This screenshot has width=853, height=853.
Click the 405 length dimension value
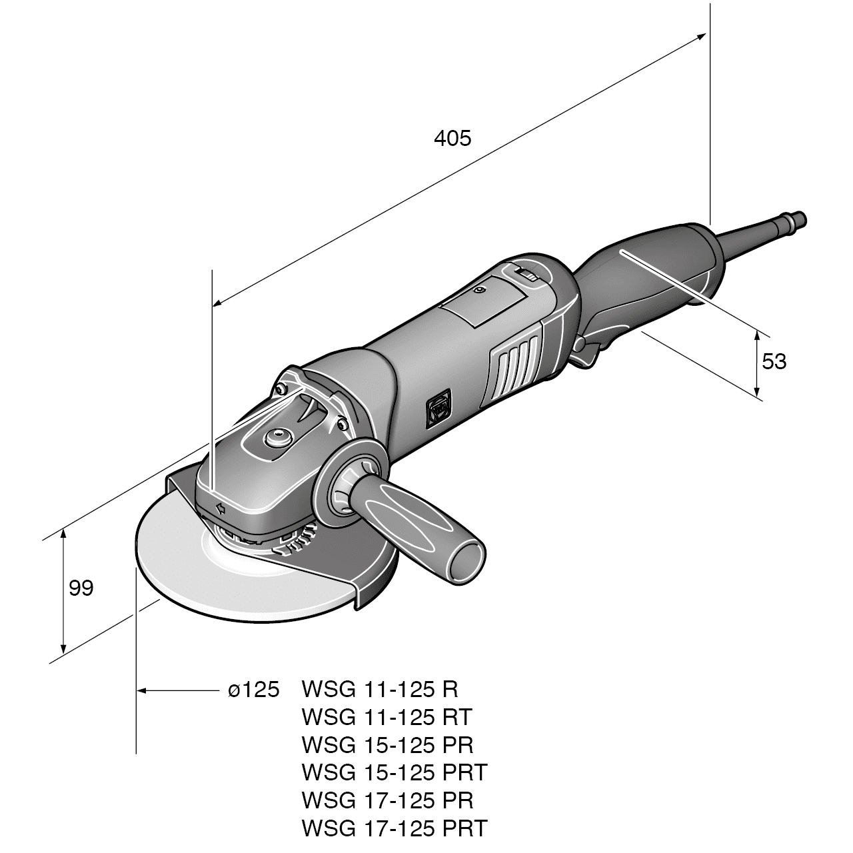452,138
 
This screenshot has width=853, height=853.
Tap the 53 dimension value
774,361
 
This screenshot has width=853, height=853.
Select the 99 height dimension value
81,588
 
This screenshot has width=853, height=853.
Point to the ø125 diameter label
253,690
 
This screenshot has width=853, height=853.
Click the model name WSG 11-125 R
380,688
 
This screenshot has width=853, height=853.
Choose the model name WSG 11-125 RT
387,717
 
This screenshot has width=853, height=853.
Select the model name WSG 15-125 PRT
395,772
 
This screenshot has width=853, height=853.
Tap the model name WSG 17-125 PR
388,800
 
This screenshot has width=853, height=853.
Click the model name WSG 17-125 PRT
395,828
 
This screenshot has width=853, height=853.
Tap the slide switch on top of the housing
526,275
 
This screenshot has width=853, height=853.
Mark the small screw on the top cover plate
479,291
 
